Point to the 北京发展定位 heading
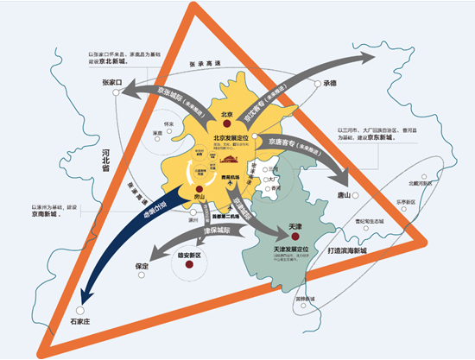point(233,138)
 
